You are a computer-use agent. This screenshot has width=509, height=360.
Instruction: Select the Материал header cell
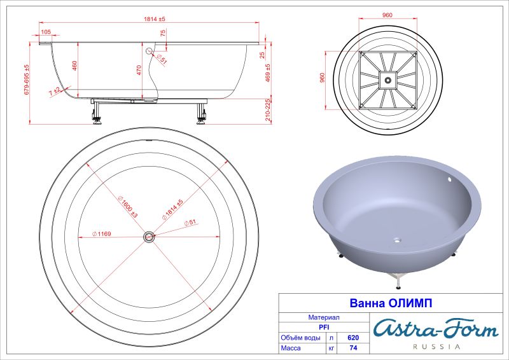(x=323, y=317)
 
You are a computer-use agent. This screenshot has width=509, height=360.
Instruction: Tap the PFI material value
(x=323, y=327)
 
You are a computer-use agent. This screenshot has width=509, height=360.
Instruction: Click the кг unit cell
(x=331, y=349)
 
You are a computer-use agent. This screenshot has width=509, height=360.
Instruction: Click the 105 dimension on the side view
(x=46, y=31)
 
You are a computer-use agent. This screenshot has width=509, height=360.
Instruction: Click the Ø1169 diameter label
(x=102, y=234)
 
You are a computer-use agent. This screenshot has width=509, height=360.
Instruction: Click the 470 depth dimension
(x=139, y=71)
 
